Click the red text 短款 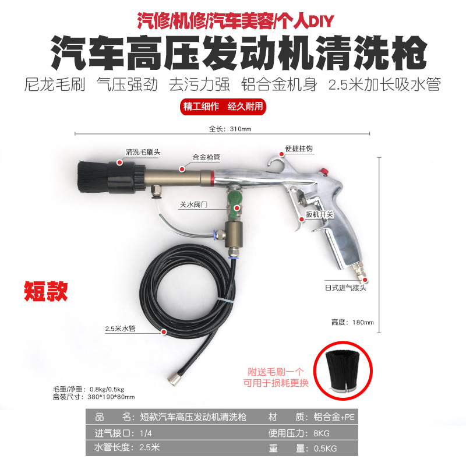(45, 291)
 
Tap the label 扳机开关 (320, 215)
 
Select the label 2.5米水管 (120, 329)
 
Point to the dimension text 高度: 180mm (352, 322)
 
